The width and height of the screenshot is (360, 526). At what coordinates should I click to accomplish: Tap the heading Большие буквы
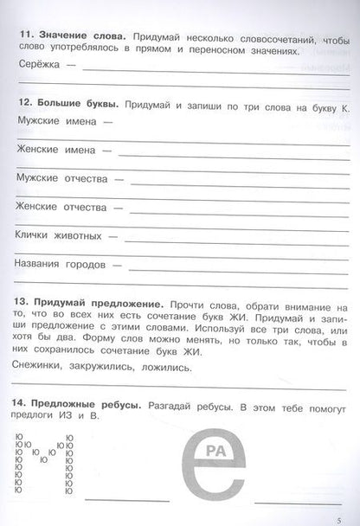(x=76, y=105)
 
